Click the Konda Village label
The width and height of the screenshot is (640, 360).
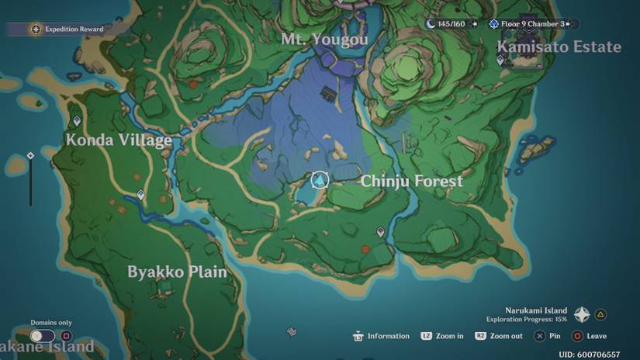pyautogui.click(x=119, y=140)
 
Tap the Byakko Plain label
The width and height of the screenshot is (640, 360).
pyautogui.click(x=177, y=272)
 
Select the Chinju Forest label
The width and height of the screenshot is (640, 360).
pyautogui.click(x=412, y=181)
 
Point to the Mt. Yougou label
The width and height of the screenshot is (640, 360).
pyautogui.click(x=324, y=38)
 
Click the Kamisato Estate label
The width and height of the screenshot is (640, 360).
pyautogui.click(x=559, y=47)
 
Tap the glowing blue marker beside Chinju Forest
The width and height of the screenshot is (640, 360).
pyautogui.click(x=320, y=181)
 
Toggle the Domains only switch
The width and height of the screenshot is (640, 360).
pyautogui.click(x=43, y=336)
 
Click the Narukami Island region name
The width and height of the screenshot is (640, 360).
pyautogui.click(x=536, y=310)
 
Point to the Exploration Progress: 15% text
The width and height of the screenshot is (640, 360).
pyautogui.click(x=527, y=319)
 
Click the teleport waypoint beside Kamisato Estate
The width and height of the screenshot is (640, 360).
pyautogui.click(x=503, y=61)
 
